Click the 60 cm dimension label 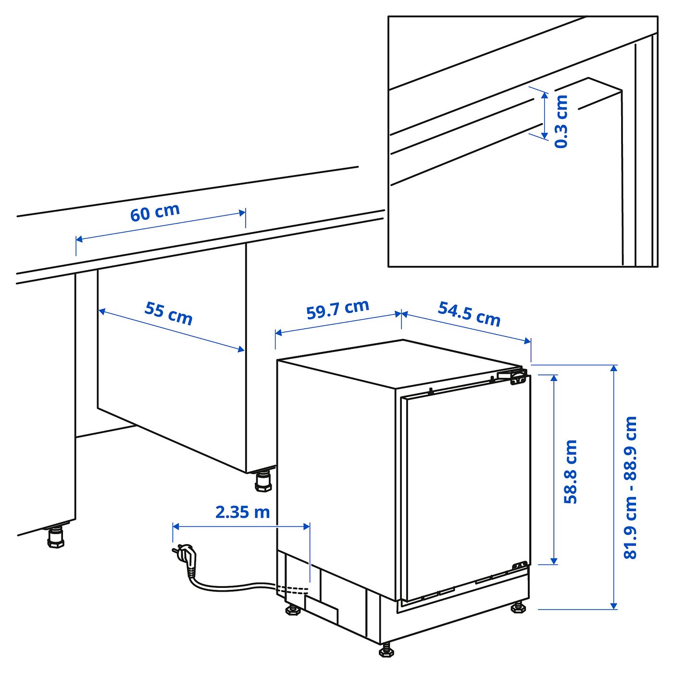(x=155, y=212)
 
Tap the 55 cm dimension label (x=169, y=313)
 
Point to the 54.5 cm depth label (x=469, y=313)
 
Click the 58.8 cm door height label (x=570, y=471)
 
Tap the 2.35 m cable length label (x=242, y=512)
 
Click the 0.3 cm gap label (x=561, y=121)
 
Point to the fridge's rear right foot (x=518, y=607)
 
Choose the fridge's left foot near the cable (x=293, y=610)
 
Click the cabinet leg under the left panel (x=56, y=537)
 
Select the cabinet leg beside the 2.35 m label (x=263, y=481)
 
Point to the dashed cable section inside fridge (x=291, y=590)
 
